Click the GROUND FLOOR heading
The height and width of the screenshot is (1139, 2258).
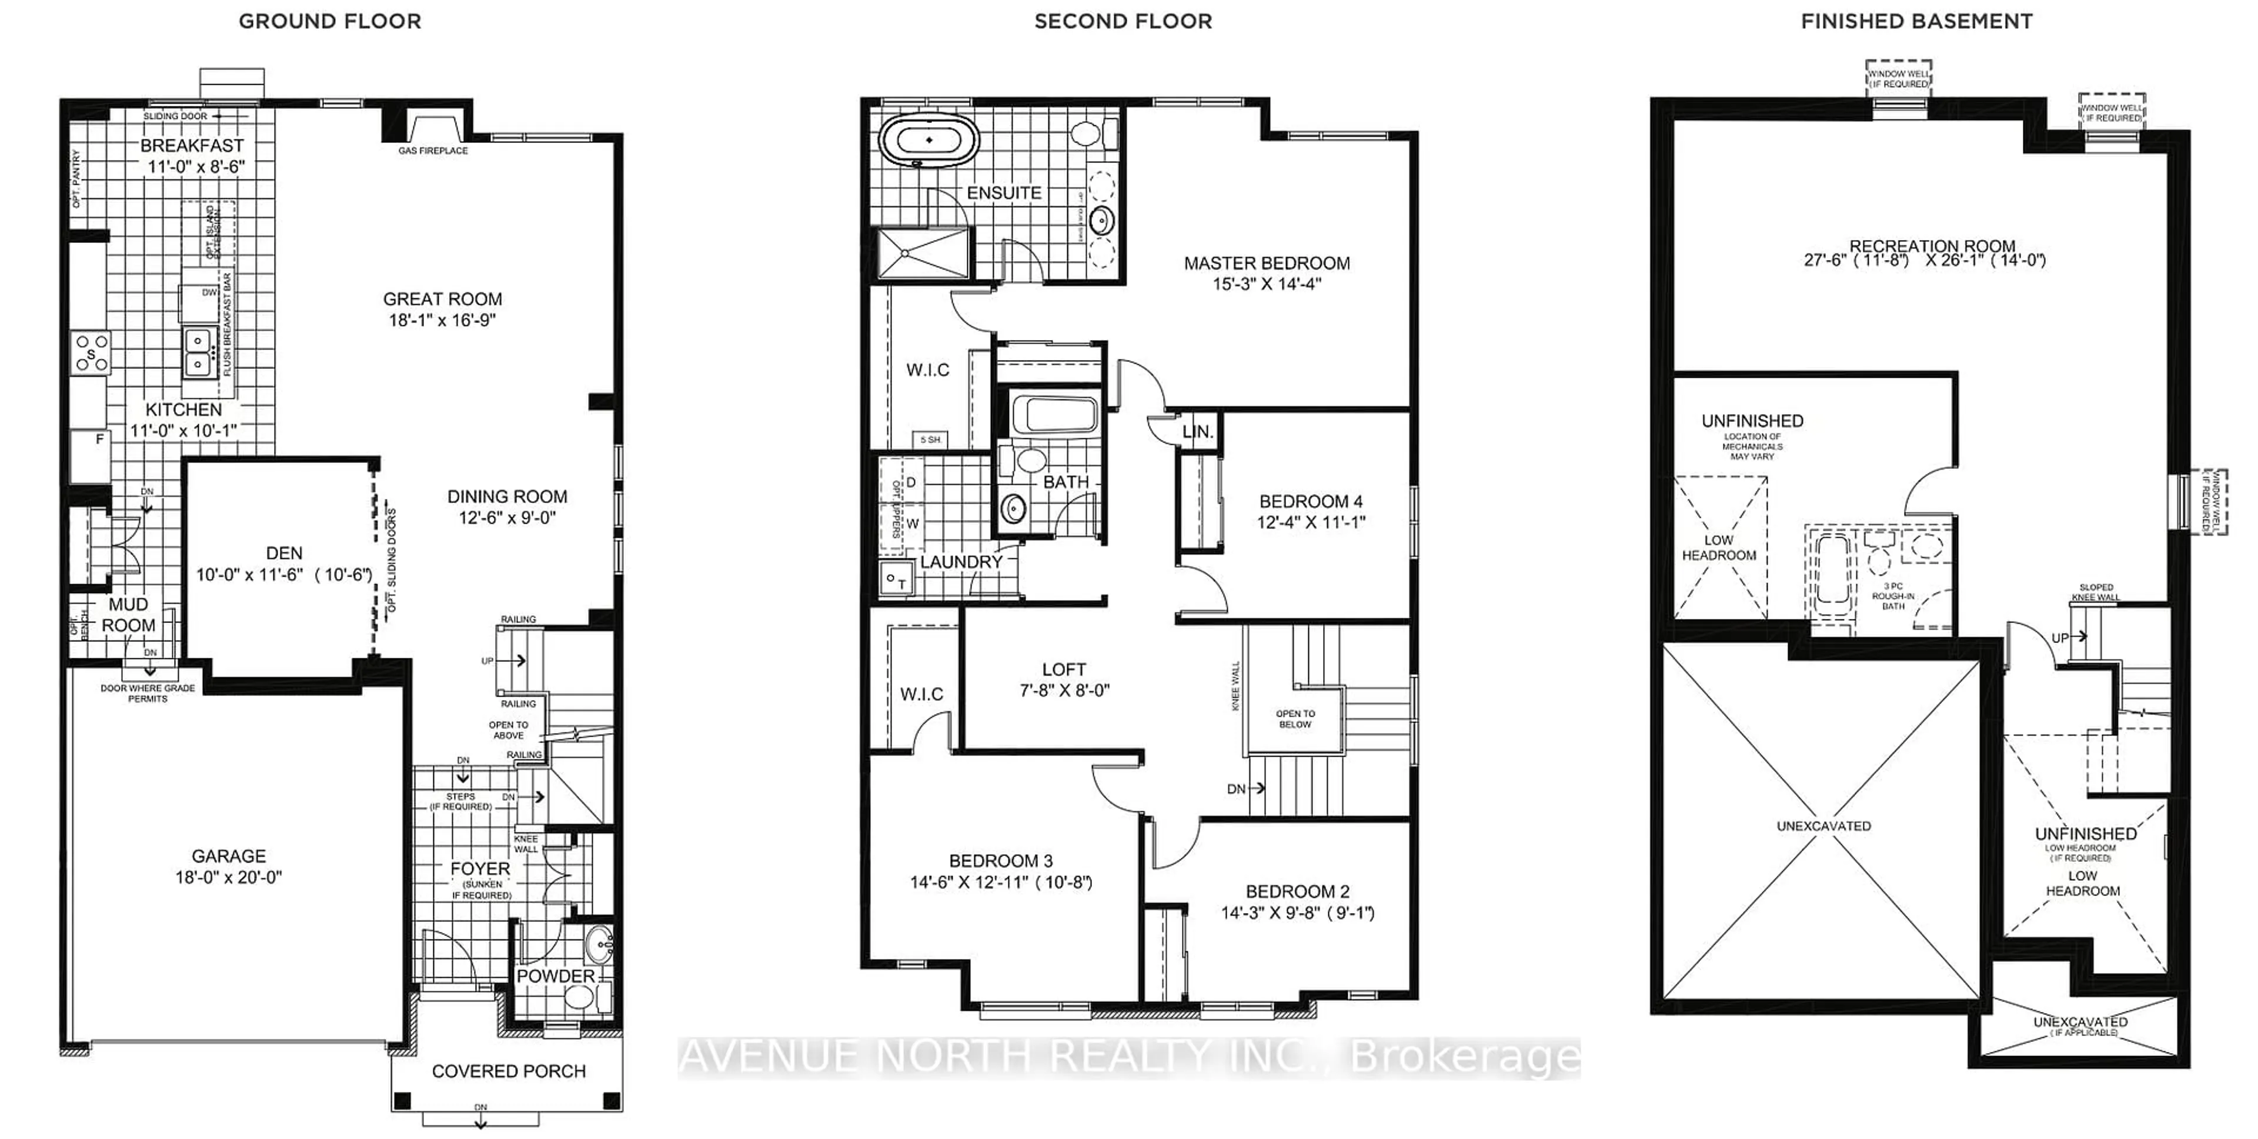coord(329,22)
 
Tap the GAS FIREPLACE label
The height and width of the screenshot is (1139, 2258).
coord(433,151)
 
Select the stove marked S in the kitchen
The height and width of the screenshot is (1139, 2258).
coord(91,354)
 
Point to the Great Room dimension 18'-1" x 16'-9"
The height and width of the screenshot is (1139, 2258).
coord(442,320)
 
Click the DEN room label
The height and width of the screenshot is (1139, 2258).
coord(284,553)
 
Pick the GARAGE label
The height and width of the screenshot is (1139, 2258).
coord(229,856)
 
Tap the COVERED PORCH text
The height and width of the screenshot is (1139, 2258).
coord(509,1071)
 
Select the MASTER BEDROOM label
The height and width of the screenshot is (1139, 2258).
coord(1267,263)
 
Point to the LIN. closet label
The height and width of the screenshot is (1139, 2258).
coord(1197,431)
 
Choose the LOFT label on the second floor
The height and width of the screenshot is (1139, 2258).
coord(1064,669)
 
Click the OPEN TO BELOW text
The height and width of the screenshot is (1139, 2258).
coord(1295,719)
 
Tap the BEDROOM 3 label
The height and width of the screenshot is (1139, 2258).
coord(1000,861)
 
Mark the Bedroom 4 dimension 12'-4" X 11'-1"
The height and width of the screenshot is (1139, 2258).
coord(1311,522)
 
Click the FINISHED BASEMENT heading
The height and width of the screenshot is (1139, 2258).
coord(1916,22)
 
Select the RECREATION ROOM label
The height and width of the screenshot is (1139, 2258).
coord(1932,247)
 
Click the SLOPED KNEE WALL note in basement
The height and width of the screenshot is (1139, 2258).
coord(2096,592)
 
